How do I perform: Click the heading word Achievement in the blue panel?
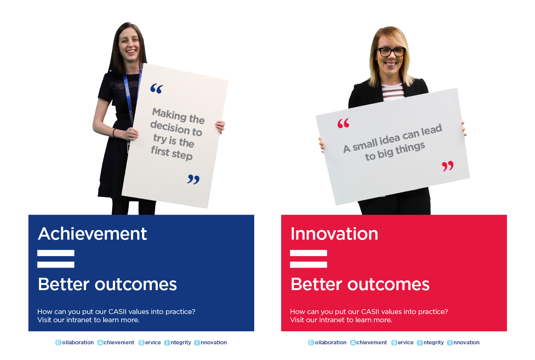(x=92, y=234)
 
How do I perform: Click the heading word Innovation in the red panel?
(x=334, y=234)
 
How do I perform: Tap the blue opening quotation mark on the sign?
(x=156, y=88)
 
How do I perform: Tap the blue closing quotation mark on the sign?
(x=193, y=179)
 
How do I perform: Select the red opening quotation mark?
(x=343, y=123)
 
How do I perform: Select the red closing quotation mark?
(x=448, y=166)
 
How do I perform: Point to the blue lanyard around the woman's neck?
(x=130, y=96)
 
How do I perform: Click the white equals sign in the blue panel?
(x=56, y=259)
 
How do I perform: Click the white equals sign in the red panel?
(x=308, y=259)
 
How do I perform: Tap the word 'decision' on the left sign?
(x=170, y=127)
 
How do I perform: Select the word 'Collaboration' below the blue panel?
(x=74, y=342)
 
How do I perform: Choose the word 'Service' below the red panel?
(x=402, y=342)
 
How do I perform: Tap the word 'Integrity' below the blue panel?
(x=178, y=343)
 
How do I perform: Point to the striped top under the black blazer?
(x=393, y=92)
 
